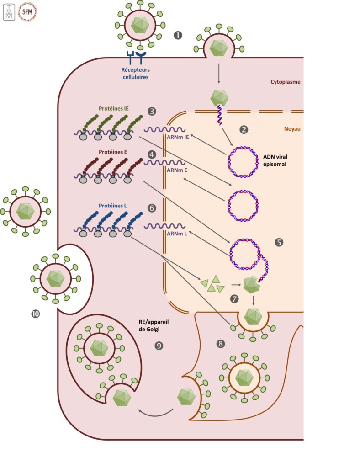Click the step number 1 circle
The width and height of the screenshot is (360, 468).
tap(179, 34)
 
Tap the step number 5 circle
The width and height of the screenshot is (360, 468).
tap(279, 243)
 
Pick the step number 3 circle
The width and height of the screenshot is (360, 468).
tap(152, 111)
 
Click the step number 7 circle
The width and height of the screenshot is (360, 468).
tap(235, 299)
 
